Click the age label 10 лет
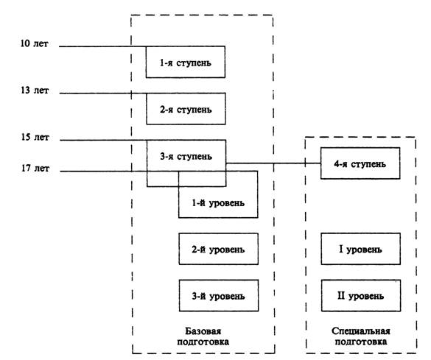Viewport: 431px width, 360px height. click(35, 43)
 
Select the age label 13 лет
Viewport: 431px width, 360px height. click(35, 90)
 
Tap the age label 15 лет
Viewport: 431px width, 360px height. click(35, 137)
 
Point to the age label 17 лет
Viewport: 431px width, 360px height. click(35, 168)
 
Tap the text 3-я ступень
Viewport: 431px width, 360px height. click(186, 156)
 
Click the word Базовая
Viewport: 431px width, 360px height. click(203, 331)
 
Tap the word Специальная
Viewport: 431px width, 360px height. click(360, 331)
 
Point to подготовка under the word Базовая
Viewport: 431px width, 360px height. click(203, 342)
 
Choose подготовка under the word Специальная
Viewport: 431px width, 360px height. click(360, 342)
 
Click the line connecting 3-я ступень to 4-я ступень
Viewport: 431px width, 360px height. click(273, 163)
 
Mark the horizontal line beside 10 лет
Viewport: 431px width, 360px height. click(102, 46)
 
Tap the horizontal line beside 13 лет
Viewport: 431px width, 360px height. click(103, 93)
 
